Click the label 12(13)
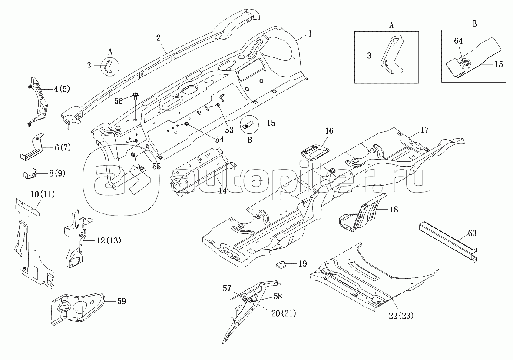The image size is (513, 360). click(x=108, y=240)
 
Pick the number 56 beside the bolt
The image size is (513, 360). click(x=118, y=100)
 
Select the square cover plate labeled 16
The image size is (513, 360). click(x=315, y=150)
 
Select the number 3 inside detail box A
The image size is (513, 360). click(x=369, y=55)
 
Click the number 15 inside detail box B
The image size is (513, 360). click(x=499, y=64)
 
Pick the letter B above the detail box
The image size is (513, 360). click(x=474, y=24)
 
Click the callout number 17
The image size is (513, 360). click(x=424, y=129)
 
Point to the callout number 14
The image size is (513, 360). click(x=222, y=190)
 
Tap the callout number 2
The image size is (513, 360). click(x=159, y=37)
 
